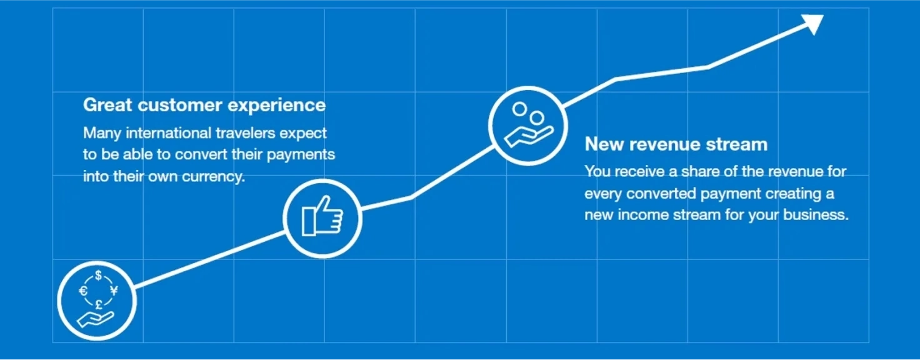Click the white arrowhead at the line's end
(x=814, y=23)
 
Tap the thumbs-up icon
(x=322, y=216)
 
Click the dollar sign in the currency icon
(x=98, y=275)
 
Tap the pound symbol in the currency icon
(x=99, y=304)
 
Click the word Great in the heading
(x=107, y=105)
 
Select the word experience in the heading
(x=276, y=106)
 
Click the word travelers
(x=245, y=133)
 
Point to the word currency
(x=214, y=177)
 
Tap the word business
(x=816, y=215)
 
